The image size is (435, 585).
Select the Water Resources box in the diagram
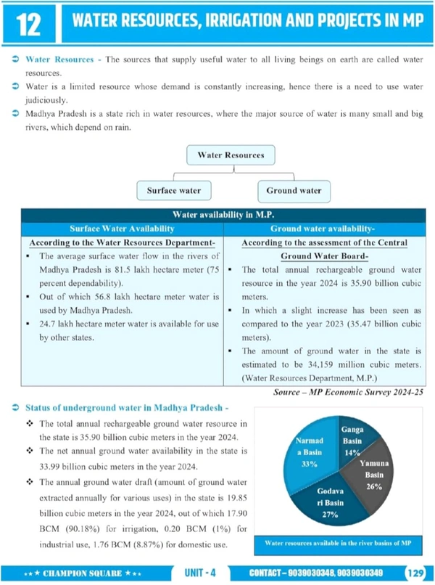coord(231,155)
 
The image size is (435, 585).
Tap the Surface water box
coord(174,191)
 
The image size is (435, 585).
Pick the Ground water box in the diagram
coord(294,191)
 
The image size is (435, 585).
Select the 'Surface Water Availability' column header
coord(121,229)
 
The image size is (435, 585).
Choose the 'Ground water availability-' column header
coord(324,229)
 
